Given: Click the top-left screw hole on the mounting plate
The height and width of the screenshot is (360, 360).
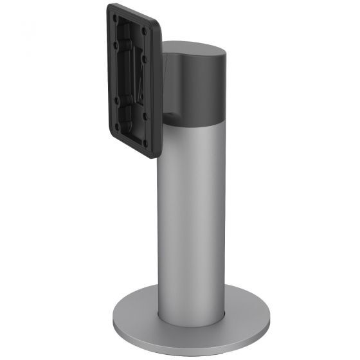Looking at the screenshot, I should [x=116, y=17].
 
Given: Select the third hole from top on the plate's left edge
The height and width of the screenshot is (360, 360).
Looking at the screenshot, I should [x=116, y=100].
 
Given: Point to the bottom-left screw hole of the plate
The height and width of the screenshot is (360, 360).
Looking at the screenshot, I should [x=117, y=126].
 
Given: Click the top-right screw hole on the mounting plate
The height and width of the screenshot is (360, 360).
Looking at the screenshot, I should [x=145, y=31].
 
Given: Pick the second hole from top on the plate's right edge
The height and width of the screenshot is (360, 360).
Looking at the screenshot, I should [x=145, y=60].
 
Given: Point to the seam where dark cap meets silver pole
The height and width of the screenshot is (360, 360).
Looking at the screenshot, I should [x=193, y=122].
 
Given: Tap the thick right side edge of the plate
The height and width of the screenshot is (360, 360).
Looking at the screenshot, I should [x=158, y=90].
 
